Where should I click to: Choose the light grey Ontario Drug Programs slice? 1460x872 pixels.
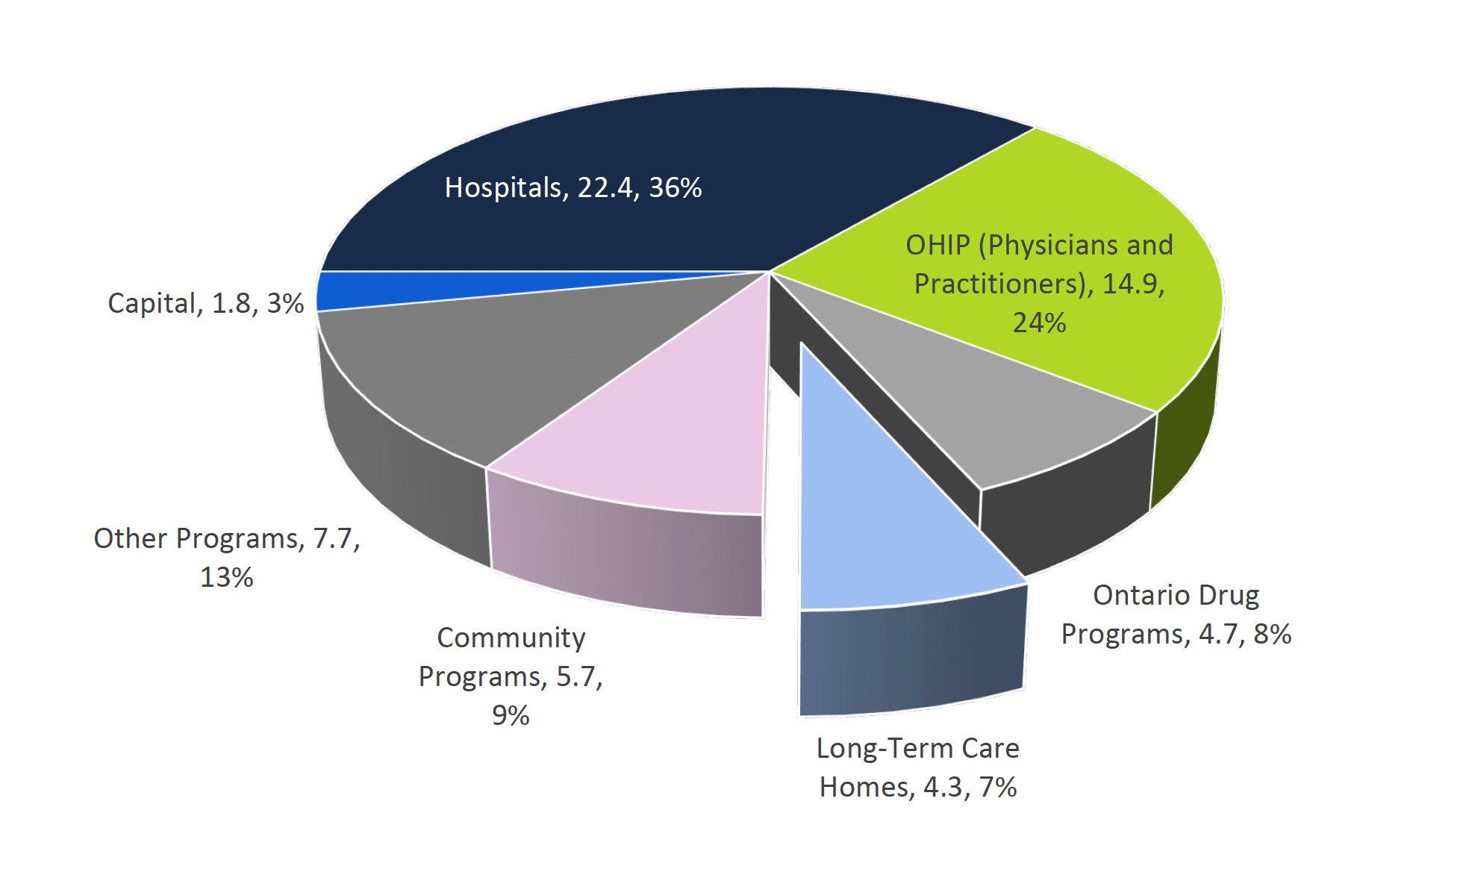(x=993, y=411)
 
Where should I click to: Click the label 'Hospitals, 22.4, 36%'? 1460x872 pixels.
(x=573, y=187)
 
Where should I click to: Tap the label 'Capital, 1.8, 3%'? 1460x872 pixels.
(x=205, y=303)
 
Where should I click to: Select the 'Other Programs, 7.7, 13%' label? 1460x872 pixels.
(x=226, y=557)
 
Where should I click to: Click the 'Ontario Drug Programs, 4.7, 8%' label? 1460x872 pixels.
(x=1176, y=614)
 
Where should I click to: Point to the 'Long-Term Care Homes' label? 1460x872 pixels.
(x=917, y=767)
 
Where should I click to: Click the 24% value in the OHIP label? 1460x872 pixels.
(x=1039, y=323)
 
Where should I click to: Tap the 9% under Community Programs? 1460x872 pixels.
(x=511, y=715)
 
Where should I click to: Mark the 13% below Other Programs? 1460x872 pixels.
(x=226, y=577)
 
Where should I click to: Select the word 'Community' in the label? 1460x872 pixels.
(x=511, y=638)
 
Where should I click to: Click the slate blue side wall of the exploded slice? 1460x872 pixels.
(x=911, y=657)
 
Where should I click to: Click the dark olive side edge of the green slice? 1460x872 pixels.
(x=1187, y=433)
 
